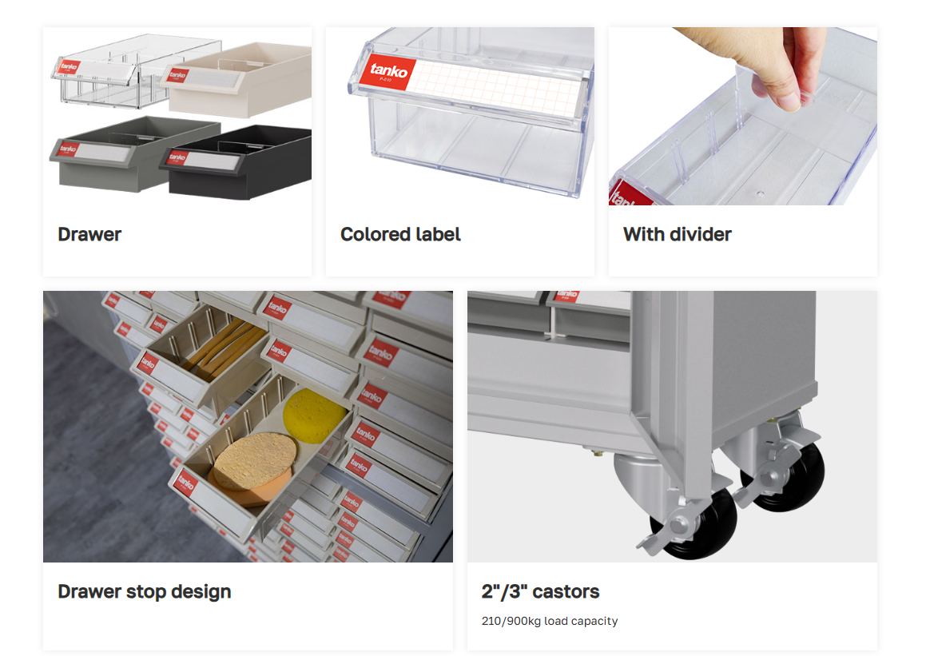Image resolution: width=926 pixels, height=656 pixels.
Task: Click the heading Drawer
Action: [x=89, y=234]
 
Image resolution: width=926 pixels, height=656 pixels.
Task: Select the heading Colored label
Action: [x=400, y=234]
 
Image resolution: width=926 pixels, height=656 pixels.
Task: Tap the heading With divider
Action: [x=678, y=234]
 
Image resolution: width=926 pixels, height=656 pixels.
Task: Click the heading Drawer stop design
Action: [x=145, y=591]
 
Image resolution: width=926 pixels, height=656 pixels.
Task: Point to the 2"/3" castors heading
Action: [x=540, y=591]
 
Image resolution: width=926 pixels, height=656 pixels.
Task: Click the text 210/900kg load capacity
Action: [x=550, y=621]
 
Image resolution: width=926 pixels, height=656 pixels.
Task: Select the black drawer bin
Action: [x=236, y=162]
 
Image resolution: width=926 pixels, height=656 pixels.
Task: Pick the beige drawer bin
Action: [x=237, y=80]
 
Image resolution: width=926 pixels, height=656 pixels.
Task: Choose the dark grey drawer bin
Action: [x=135, y=153]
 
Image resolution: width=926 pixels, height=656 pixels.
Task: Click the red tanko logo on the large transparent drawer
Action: [x=388, y=73]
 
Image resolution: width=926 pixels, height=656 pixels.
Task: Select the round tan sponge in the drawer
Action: [x=255, y=460]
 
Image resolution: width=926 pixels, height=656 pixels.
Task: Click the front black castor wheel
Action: [x=697, y=523]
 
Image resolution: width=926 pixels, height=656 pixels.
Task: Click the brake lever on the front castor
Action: [x=662, y=535]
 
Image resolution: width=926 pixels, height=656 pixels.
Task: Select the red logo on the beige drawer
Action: [x=177, y=75]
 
